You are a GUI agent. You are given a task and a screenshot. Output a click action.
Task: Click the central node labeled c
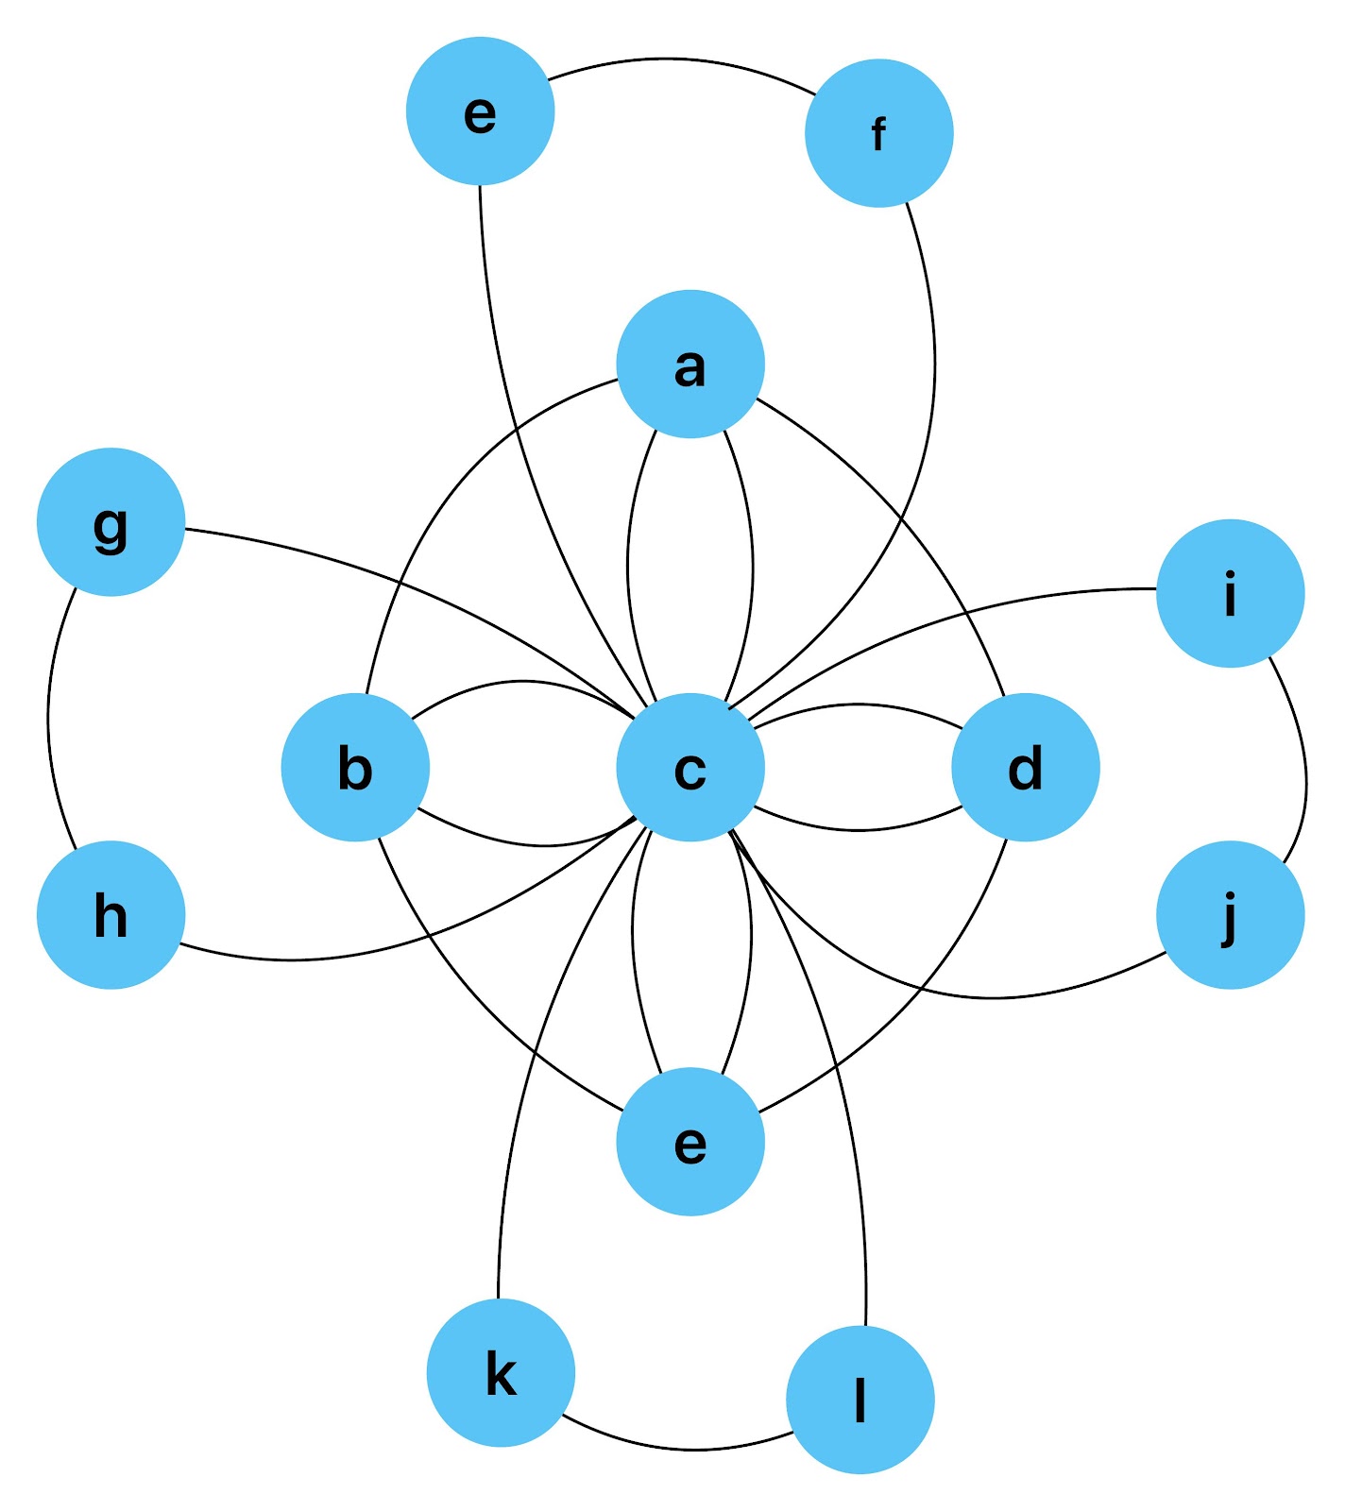690,767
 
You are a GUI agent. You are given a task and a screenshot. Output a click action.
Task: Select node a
690,364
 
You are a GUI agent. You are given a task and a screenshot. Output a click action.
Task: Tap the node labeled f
879,133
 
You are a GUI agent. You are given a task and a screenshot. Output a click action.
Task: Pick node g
111,521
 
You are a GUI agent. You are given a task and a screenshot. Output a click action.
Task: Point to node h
111,914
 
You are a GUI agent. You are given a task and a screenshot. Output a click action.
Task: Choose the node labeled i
1231,593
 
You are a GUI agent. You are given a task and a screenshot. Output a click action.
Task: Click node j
1231,914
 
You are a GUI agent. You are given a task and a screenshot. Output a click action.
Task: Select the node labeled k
501,1372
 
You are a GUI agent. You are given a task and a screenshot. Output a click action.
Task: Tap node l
860,1400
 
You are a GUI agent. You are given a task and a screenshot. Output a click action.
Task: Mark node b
355,767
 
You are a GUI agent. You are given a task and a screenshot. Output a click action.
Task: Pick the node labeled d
1026,767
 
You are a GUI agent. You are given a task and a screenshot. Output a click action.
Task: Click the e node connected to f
480,111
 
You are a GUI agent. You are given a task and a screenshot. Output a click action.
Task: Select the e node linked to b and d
690,1141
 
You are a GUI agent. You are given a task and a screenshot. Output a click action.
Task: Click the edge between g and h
49,718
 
